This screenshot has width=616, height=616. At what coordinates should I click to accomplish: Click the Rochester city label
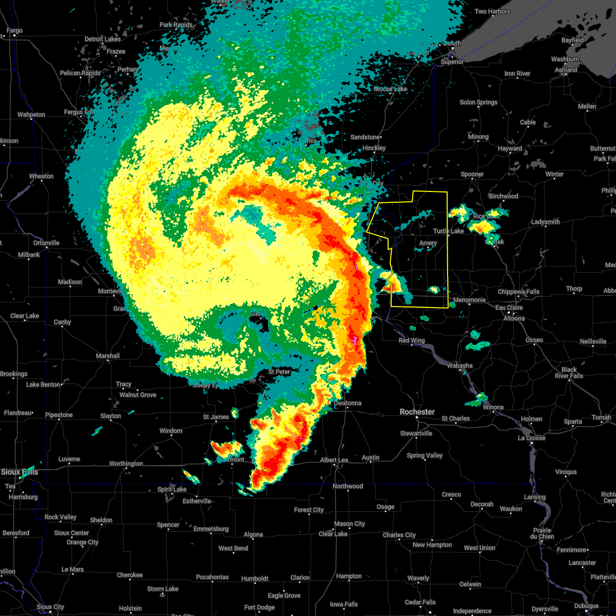coord(417,412)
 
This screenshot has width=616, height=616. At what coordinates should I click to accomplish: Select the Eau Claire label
coord(509,307)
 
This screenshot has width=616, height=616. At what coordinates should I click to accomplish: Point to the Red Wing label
coord(412,340)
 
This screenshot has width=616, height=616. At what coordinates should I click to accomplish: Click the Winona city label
coord(493,407)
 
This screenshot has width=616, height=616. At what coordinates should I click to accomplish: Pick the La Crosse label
coord(532,438)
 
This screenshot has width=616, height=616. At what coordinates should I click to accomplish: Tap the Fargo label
coord(14,31)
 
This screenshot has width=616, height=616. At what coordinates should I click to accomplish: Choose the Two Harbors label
coord(492,11)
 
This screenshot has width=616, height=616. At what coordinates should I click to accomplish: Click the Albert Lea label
coord(334,460)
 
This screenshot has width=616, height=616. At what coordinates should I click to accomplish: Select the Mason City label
coord(350,524)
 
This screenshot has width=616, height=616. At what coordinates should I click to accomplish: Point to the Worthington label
coord(126,464)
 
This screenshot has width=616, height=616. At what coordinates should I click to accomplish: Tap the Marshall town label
coord(108,356)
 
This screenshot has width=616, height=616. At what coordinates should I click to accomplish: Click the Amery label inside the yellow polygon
coord(428,243)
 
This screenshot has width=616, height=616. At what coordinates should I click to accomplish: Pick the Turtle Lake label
coord(448,231)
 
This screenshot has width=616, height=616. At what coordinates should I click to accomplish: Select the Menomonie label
coord(469,300)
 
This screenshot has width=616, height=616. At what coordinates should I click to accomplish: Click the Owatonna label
coord(347,403)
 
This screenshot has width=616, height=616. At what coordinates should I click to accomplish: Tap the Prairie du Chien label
coord(542,533)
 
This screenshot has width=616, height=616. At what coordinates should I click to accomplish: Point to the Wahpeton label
coord(31,114)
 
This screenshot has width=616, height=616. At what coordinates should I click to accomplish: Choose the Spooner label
coord(472,174)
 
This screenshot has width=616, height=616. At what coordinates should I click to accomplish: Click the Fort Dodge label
coord(259,607)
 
